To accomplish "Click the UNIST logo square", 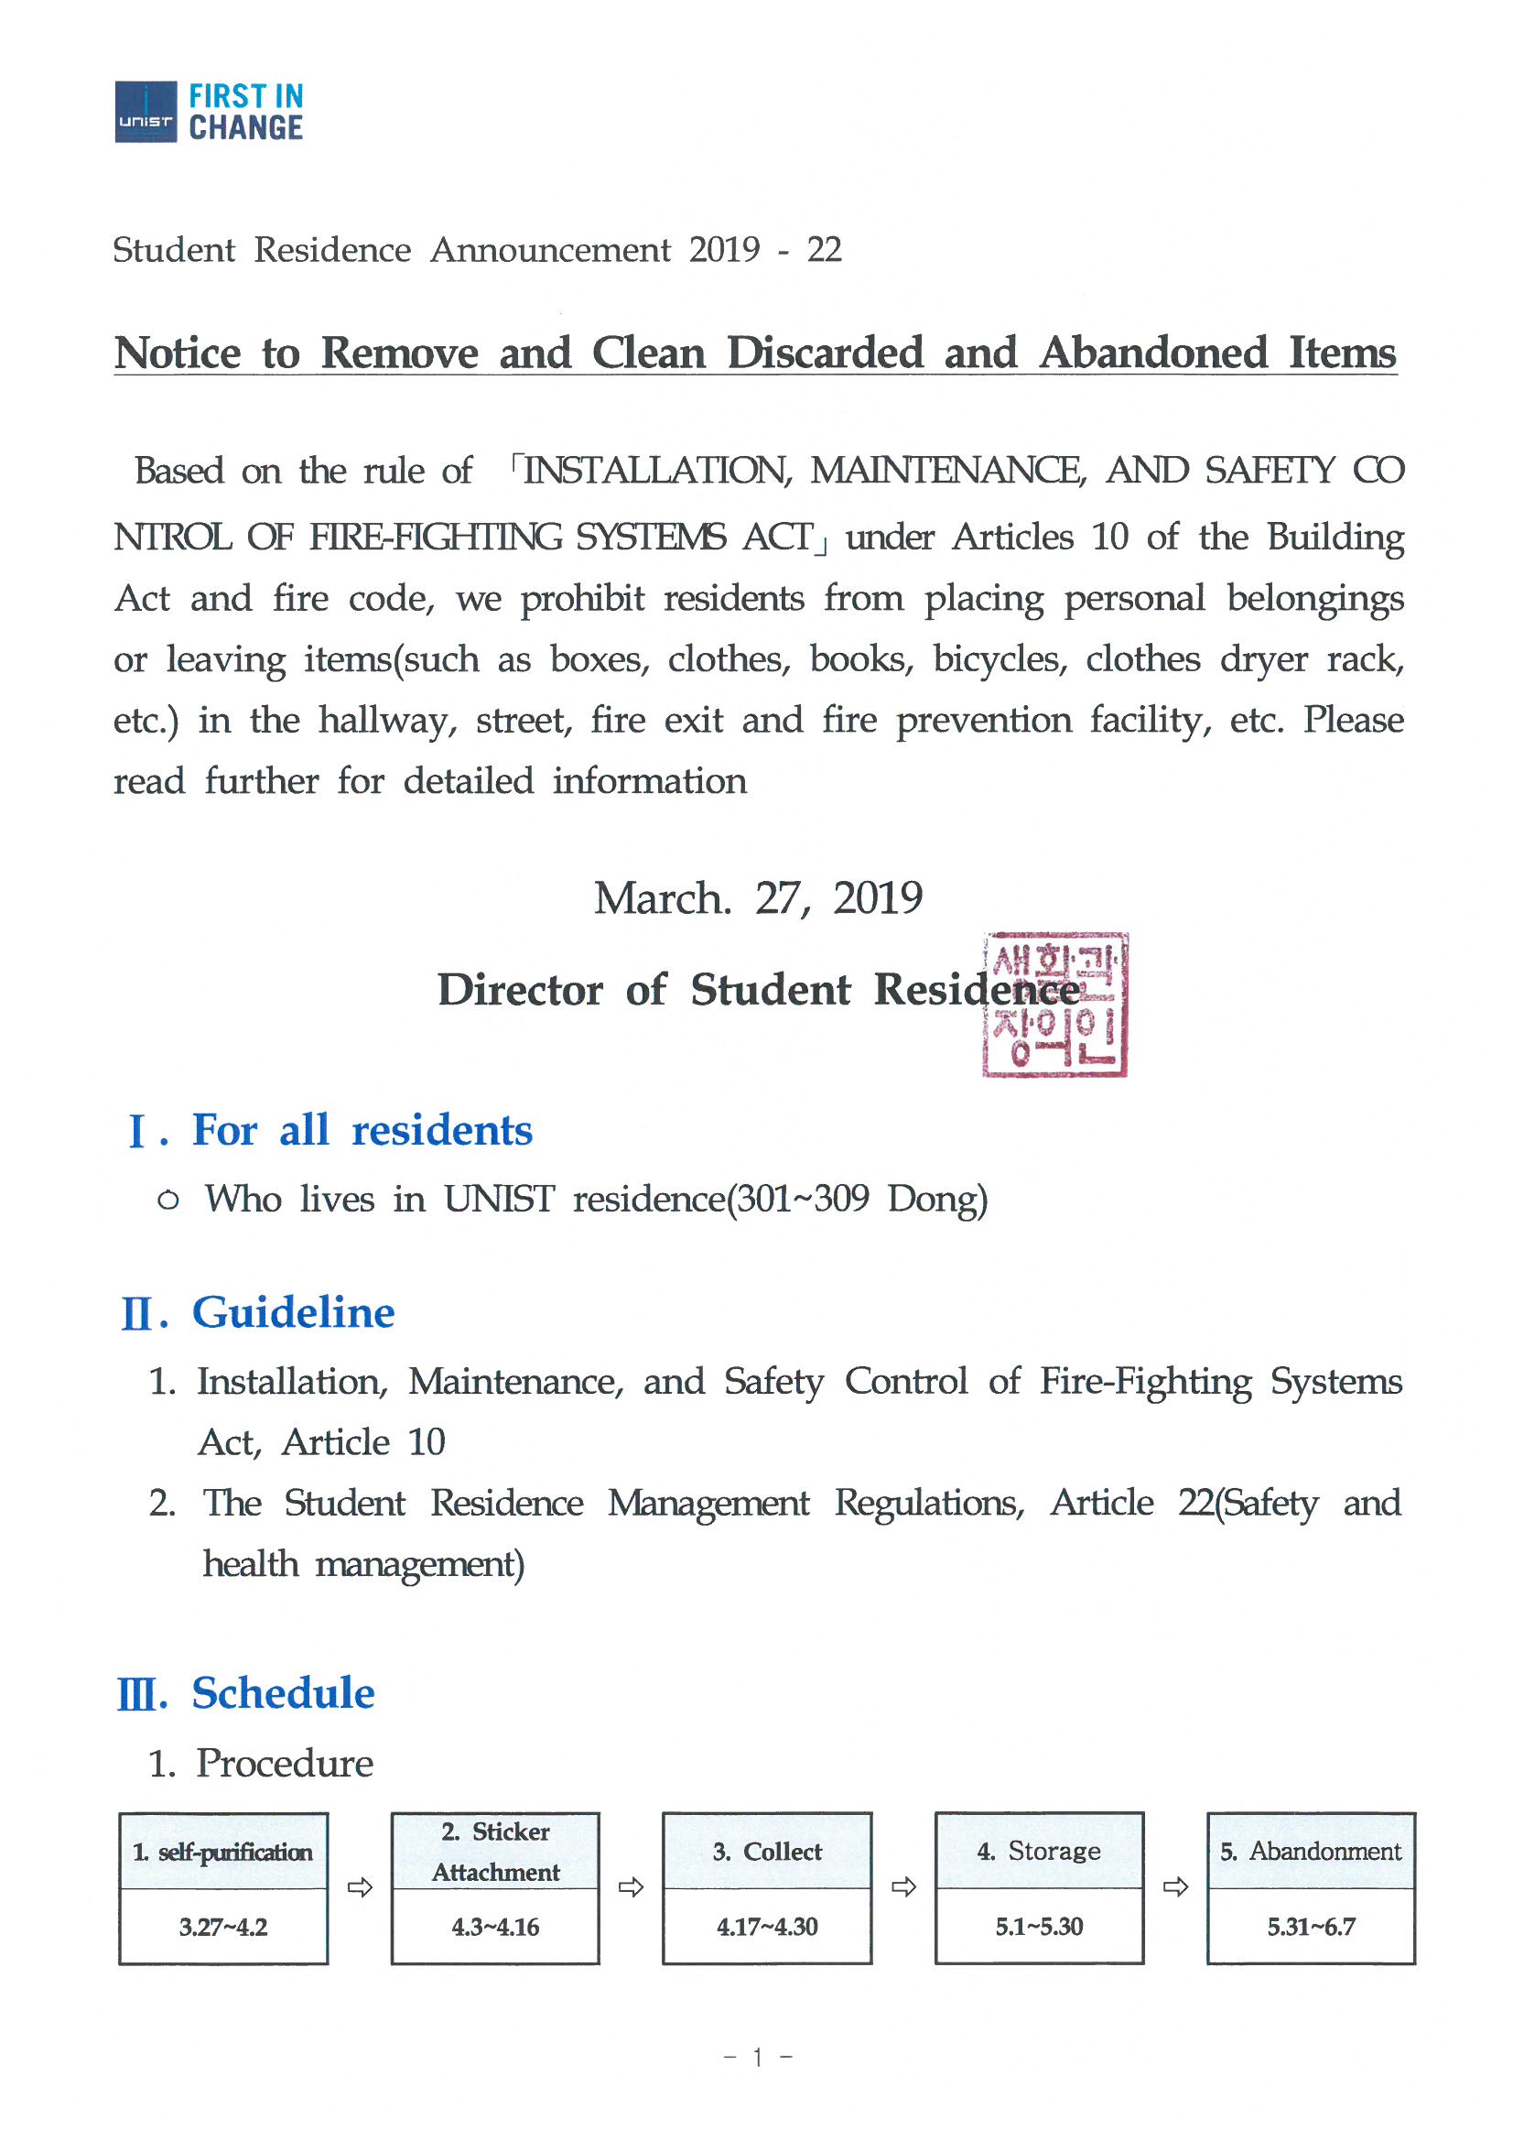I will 146,112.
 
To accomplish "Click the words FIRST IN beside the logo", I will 246,96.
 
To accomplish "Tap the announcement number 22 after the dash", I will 824,250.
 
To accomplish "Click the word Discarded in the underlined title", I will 825,353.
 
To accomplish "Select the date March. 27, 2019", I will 758,898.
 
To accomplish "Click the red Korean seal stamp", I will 1054,1005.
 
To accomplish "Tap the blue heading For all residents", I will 362,1130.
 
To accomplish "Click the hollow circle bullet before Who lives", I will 168,1201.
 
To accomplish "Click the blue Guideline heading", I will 293,1313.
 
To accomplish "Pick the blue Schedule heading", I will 283,1693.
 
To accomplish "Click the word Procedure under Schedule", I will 285,1764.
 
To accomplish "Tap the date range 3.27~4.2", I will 222,1927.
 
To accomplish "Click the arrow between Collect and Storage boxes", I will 903,1887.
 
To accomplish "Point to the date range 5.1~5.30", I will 1039,1927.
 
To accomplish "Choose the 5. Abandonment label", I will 1310,1851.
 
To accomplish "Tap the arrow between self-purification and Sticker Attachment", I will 360,1887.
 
